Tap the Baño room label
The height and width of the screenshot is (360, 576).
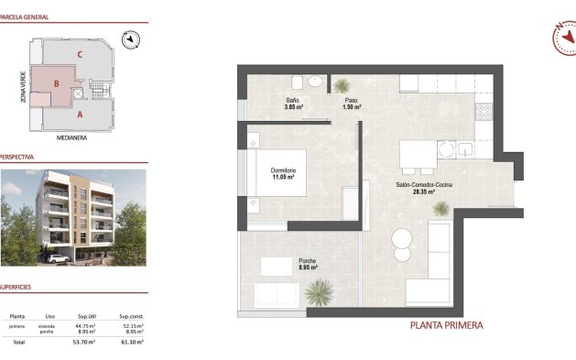(292, 100)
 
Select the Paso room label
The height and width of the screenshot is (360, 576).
(351, 100)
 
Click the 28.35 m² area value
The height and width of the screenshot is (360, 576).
(424, 192)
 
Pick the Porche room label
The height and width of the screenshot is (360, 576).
(308, 262)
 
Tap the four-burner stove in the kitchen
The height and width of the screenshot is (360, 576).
(484, 115)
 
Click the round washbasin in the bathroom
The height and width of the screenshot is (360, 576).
(315, 82)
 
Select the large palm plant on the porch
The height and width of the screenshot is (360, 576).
(319, 292)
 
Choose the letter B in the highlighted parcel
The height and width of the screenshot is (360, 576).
(57, 84)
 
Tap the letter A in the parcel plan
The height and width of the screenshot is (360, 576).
(81, 115)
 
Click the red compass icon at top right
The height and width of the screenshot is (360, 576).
(563, 37)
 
